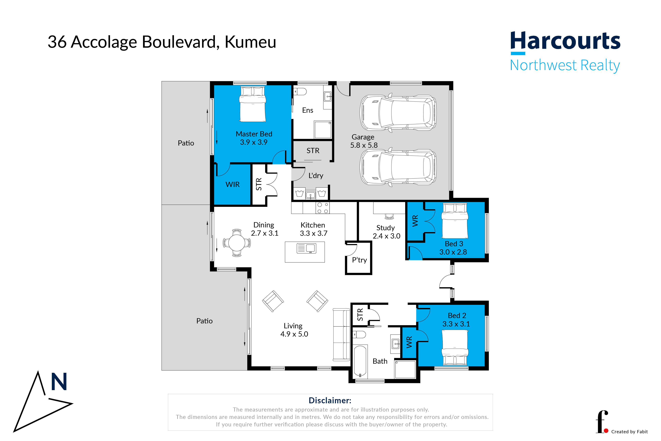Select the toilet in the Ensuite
click(x=300, y=92)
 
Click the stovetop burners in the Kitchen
click(x=322, y=208)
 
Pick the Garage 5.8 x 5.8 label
click(x=364, y=141)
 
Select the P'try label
click(x=359, y=260)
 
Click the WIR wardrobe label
click(x=232, y=184)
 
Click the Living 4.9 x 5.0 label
click(x=294, y=330)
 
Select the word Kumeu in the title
click(x=250, y=42)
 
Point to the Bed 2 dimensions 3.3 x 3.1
click(x=456, y=324)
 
